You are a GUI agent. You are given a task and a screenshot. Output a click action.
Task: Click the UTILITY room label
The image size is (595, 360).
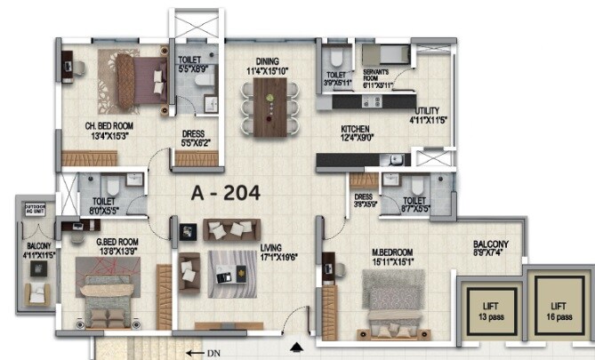click(426, 111)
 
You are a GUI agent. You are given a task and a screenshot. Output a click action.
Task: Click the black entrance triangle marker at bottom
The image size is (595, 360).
click(298, 346)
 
